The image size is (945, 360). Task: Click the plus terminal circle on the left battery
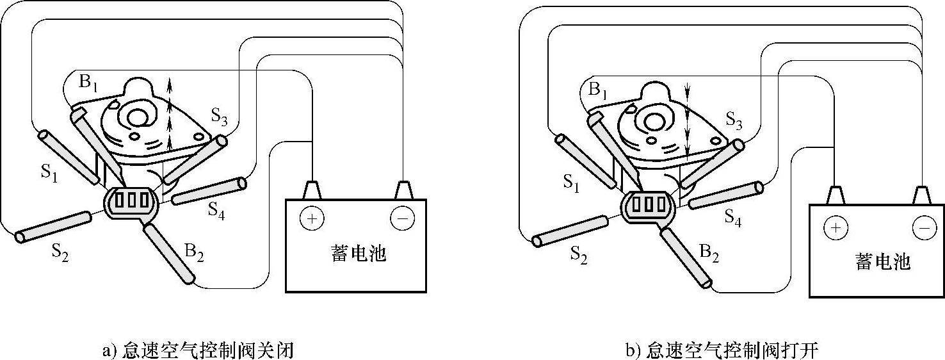(x=312, y=219)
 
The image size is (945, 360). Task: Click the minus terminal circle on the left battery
(x=403, y=219)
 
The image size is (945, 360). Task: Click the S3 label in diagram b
(x=734, y=120)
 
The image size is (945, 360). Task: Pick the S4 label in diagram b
(x=733, y=217)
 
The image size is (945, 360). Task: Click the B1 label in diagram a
(x=88, y=84)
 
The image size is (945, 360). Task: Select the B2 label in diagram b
(x=709, y=254)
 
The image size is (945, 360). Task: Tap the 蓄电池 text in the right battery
(x=883, y=261)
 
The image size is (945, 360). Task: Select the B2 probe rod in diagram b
(x=686, y=258)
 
